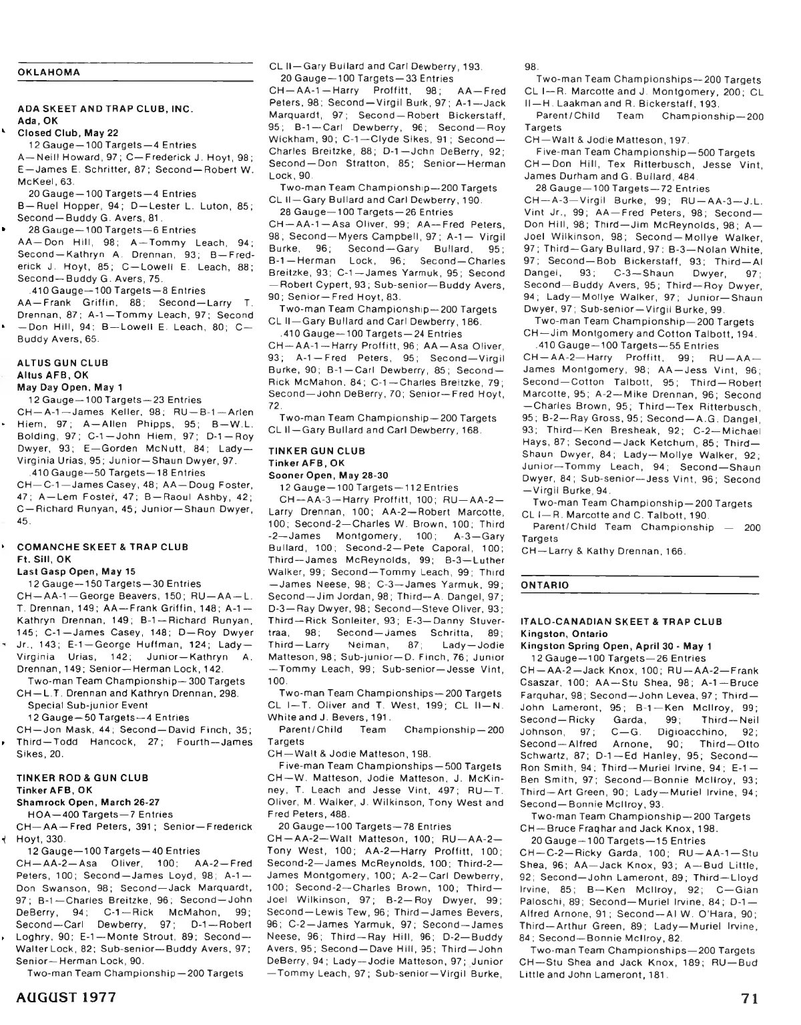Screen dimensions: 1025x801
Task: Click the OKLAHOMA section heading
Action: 49,72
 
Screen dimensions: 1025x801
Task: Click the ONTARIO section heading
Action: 545,585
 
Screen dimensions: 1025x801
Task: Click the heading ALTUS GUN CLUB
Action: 63,363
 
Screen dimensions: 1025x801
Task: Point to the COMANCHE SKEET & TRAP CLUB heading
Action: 103,547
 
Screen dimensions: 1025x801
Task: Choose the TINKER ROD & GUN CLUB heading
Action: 83,778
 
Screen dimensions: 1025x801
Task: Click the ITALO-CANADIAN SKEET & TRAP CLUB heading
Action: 621,622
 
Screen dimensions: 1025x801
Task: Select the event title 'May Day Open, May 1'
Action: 69,387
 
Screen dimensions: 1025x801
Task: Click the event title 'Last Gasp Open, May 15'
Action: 76,572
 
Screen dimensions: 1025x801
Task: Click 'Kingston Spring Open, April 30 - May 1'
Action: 615,646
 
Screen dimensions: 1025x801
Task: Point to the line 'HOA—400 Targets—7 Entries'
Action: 100,815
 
